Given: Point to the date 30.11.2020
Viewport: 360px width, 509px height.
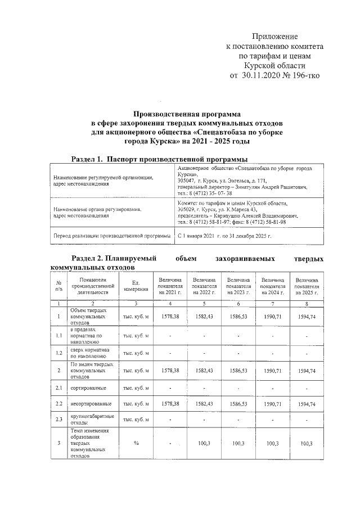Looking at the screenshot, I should (x=266, y=75).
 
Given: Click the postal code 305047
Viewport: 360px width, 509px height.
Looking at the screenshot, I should (x=187, y=181).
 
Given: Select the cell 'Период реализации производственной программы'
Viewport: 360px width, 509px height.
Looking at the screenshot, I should (x=111, y=237).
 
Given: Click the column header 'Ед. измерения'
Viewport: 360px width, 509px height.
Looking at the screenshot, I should (x=135, y=286).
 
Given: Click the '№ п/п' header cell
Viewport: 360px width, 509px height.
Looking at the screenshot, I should (x=58, y=286).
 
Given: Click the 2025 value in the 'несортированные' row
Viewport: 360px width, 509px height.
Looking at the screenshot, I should (x=307, y=404).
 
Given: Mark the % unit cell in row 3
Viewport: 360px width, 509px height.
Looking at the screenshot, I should (x=136, y=443).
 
